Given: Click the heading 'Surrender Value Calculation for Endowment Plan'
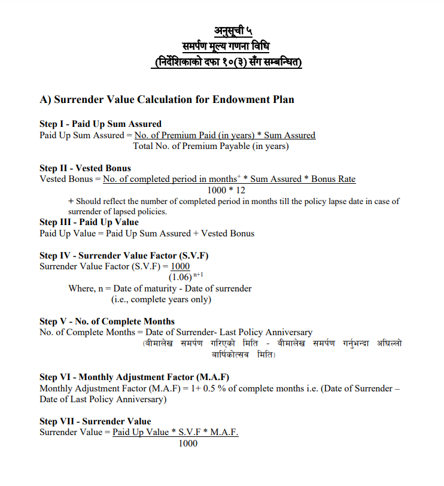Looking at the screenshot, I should click(167, 99).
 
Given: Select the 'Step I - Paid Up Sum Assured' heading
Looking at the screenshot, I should click(101, 124).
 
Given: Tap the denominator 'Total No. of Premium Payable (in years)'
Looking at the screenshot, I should click(211, 146).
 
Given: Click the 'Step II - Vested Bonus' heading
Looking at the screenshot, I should click(85, 168).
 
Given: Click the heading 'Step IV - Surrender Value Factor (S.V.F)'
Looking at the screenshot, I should click(124, 256).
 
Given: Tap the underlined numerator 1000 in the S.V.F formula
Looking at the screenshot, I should click(180, 266).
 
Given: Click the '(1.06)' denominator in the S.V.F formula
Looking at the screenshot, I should click(180, 278).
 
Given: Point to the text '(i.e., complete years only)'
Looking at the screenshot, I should click(161, 299).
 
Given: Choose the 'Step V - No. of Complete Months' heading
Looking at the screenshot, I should click(107, 321).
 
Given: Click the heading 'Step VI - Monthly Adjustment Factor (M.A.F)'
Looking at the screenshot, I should click(134, 377).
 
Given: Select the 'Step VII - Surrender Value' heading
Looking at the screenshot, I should click(95, 421).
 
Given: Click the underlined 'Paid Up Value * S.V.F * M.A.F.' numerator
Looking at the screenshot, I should click(175, 432).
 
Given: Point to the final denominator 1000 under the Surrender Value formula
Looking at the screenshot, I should click(188, 444).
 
